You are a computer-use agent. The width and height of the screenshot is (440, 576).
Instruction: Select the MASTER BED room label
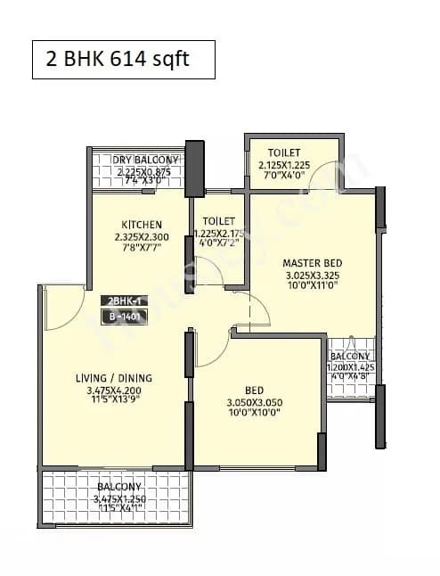coord(313,263)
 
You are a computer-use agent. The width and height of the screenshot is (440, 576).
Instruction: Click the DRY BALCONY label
coord(146,160)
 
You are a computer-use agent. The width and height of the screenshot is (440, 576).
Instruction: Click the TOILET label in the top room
coord(291,152)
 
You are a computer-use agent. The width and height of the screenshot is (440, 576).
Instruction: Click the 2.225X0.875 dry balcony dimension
coord(146,172)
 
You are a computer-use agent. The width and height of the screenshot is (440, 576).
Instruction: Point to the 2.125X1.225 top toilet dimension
coord(291,165)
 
